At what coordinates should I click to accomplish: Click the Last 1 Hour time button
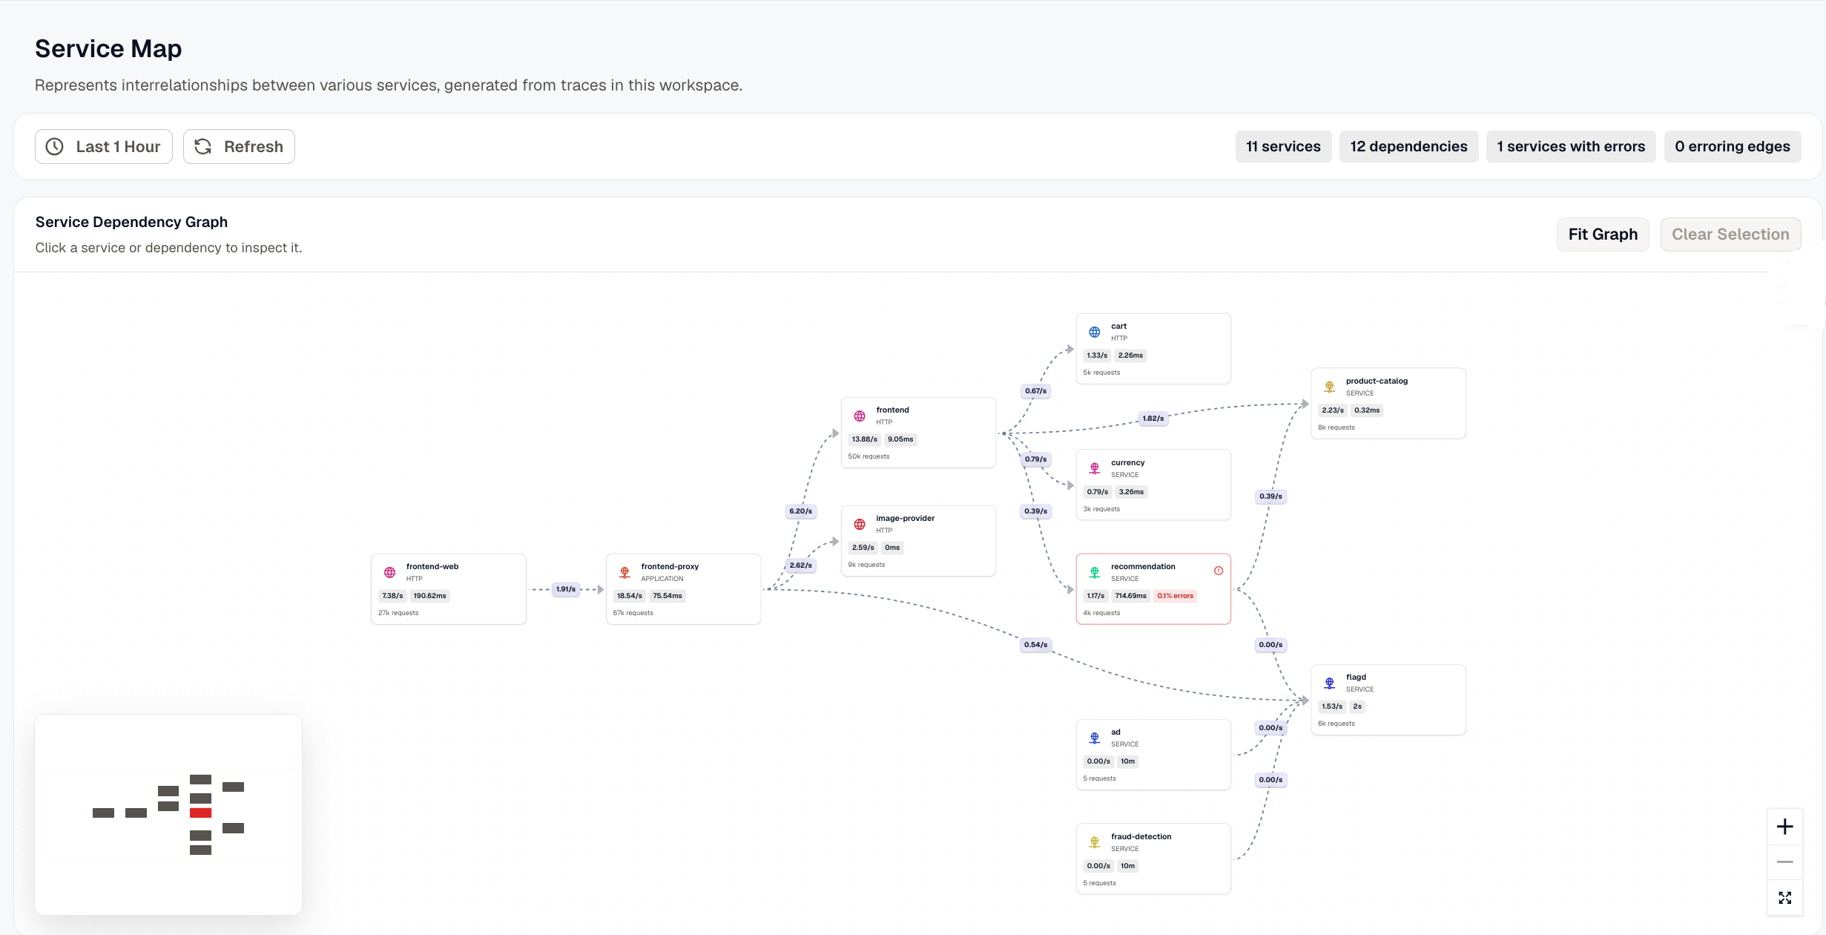(x=104, y=146)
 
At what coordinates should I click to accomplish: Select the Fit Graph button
(x=1603, y=234)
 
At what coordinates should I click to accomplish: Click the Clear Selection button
(x=1730, y=234)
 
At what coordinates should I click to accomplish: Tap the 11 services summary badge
(x=1283, y=146)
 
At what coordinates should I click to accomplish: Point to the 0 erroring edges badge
(x=1733, y=146)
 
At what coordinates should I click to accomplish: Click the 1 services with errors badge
(x=1571, y=146)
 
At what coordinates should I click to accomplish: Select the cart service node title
(x=1118, y=326)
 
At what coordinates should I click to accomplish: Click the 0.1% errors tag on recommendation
(x=1176, y=596)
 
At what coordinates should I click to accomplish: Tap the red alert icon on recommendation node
(x=1219, y=571)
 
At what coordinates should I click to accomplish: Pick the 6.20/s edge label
(x=801, y=511)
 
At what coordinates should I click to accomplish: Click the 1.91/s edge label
(x=566, y=589)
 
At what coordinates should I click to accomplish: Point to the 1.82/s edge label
(x=1153, y=419)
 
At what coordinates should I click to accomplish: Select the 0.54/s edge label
(x=1036, y=645)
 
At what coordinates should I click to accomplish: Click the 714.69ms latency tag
(x=1130, y=596)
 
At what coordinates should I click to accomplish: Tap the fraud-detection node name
(x=1141, y=836)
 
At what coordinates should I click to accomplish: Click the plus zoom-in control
(x=1785, y=827)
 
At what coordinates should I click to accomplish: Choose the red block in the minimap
(x=200, y=813)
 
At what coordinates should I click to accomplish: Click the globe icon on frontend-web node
(x=389, y=572)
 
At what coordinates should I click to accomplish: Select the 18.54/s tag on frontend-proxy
(x=630, y=596)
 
